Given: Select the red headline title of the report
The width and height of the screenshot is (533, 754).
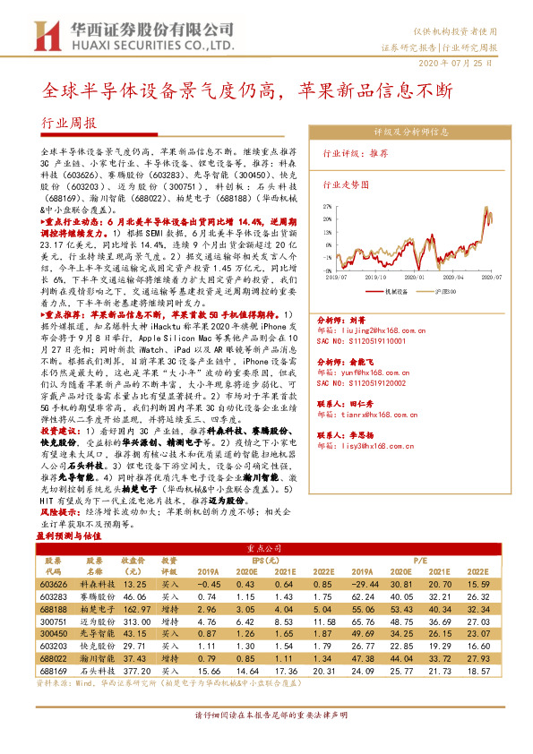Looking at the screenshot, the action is coord(250,90).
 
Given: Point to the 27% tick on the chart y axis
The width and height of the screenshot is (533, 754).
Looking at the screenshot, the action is coord(328,205).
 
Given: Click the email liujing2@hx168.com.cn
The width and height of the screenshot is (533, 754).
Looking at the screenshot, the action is coord(365,330).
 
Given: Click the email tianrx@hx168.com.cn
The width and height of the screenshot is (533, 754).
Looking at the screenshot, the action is coord(367,415).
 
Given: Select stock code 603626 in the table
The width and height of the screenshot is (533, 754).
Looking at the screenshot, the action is coord(53,582).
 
